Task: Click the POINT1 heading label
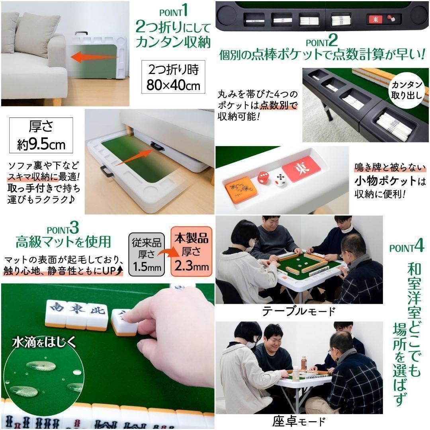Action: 174,10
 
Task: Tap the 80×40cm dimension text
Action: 173,85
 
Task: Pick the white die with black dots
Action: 281,181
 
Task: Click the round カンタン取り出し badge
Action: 407,90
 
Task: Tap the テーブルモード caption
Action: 298,311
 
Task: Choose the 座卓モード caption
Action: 299,421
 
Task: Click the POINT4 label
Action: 406,247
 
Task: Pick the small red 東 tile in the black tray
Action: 375,20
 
